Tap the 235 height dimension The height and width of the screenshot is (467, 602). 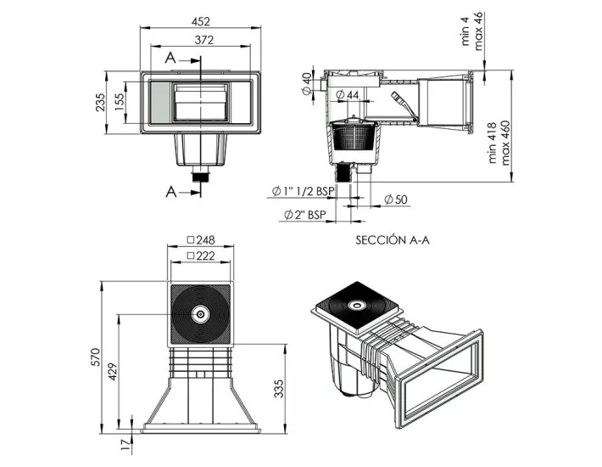99,102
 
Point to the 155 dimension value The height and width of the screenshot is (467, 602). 120,102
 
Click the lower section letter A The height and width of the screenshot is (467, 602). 172,189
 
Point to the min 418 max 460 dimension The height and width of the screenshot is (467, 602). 497,144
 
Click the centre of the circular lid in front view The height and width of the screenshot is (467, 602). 201,314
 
